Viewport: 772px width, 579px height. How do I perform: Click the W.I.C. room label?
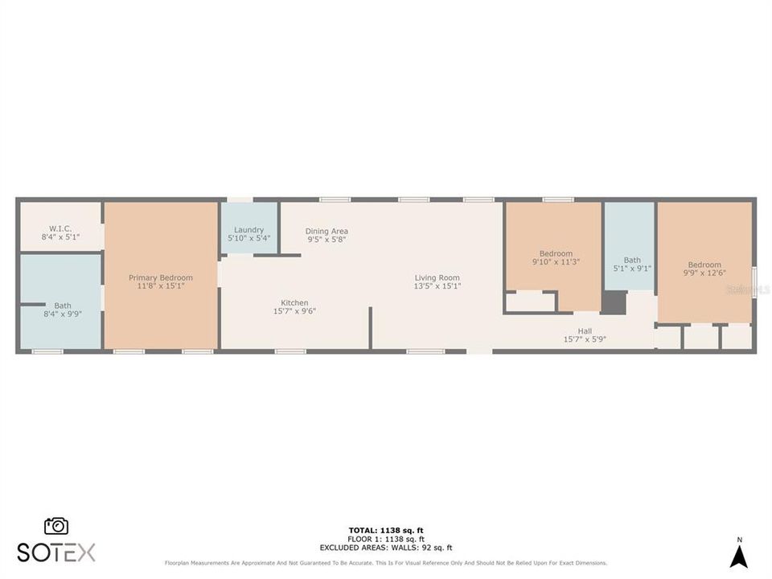tap(60, 229)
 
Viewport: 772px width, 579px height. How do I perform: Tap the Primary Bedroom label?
tap(161, 277)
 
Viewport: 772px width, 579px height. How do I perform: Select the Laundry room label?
tap(248, 229)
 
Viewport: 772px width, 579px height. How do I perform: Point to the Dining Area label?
tap(326, 231)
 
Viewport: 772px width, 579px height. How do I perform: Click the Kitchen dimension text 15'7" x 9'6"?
tap(294, 311)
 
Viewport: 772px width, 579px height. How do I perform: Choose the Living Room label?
tap(437, 277)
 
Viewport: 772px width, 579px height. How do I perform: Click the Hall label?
tap(585, 331)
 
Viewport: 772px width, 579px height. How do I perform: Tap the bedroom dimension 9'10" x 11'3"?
tap(556, 261)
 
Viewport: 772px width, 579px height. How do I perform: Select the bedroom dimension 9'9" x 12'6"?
tap(704, 273)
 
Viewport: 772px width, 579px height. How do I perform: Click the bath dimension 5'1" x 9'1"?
tap(632, 269)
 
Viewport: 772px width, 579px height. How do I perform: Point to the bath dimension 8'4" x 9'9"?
tap(63, 314)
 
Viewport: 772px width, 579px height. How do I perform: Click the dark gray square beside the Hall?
tap(614, 303)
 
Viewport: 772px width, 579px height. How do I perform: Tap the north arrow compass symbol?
tap(739, 554)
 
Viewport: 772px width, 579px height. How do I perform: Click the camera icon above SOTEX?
tap(56, 526)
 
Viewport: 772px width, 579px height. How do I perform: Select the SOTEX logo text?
tap(56, 552)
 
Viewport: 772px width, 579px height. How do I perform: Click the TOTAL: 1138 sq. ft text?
tap(386, 531)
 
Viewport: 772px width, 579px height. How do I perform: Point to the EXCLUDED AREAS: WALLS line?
tap(386, 547)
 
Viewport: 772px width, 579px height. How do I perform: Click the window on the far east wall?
tap(754, 283)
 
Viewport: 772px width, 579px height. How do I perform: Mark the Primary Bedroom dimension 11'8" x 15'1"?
tap(161, 286)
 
